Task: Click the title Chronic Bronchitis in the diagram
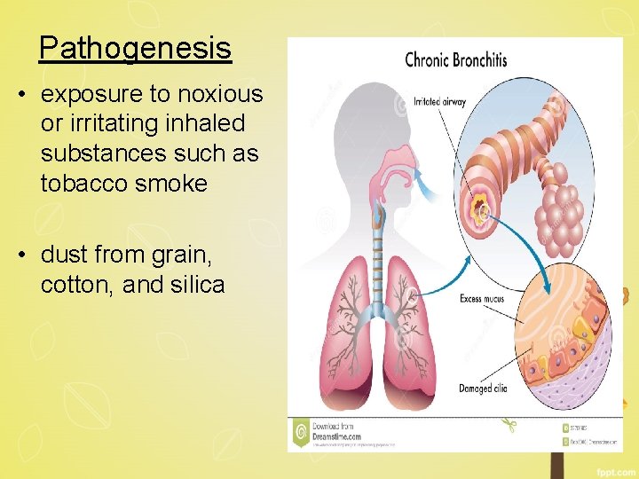(455, 60)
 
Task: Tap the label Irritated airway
(439, 102)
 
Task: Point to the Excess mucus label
(483, 299)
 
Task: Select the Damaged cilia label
(486, 389)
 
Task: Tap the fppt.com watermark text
(612, 467)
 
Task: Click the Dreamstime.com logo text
(337, 435)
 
